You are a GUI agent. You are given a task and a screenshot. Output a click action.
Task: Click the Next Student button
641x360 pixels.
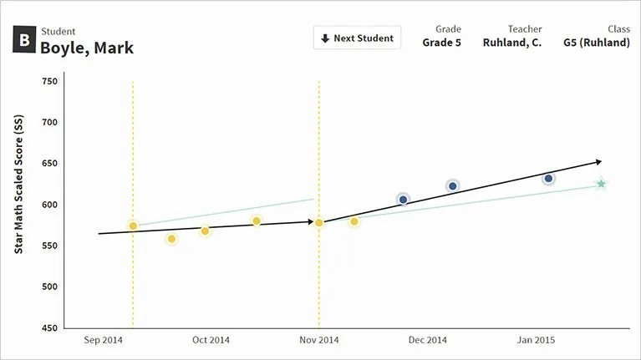point(357,38)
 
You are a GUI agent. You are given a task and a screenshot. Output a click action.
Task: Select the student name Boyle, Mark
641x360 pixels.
point(87,48)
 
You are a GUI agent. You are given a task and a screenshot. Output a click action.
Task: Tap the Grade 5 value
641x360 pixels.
point(441,43)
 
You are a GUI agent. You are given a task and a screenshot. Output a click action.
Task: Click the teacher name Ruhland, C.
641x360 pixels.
point(511,43)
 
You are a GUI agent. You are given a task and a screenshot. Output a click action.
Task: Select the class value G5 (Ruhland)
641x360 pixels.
point(596,43)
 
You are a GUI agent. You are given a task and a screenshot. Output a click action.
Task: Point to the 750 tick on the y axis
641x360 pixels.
point(49,81)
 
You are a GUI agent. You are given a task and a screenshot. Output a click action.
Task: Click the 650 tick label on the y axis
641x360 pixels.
point(49,164)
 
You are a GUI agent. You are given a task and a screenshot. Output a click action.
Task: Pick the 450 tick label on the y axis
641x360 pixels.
point(49,328)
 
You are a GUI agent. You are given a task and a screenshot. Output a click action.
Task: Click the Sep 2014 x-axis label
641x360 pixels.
point(103,341)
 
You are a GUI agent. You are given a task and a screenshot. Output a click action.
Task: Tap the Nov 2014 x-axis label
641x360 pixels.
point(318,341)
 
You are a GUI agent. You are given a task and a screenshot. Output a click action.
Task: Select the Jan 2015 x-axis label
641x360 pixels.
point(536,341)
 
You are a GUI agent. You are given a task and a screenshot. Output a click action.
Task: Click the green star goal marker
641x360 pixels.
point(600,184)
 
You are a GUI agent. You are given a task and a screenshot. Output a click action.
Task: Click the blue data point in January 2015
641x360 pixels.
point(548,179)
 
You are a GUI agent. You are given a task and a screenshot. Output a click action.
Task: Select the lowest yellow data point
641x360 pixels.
point(172,239)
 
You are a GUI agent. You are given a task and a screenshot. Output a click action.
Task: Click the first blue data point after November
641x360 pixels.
point(403,199)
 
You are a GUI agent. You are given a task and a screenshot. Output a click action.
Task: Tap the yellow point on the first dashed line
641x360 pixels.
point(133,226)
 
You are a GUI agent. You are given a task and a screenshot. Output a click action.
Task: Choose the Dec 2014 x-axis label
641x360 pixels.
point(429,341)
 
